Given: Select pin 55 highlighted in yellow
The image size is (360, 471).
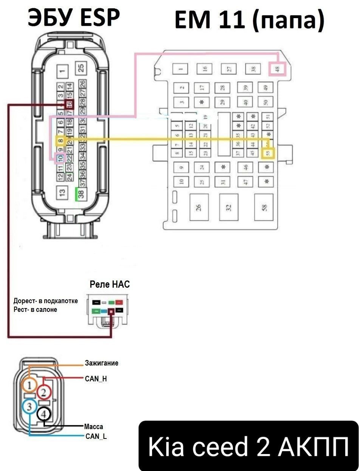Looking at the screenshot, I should (x=268, y=153).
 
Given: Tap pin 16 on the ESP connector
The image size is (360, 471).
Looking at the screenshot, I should (x=69, y=104).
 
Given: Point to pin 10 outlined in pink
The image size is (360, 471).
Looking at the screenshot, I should (x=60, y=158).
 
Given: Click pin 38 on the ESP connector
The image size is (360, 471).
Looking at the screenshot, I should (x=81, y=194).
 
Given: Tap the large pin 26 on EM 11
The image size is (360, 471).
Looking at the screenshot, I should (x=199, y=207).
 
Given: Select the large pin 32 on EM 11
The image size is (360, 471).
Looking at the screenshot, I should (x=228, y=207).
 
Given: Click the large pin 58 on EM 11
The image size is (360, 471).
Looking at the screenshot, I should (x=264, y=207).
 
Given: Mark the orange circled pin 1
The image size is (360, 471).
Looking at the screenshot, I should (x=29, y=385).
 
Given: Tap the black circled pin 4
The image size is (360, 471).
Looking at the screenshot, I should (x=44, y=414).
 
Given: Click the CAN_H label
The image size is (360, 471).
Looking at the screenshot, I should (x=96, y=378).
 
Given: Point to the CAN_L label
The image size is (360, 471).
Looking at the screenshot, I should (x=96, y=437).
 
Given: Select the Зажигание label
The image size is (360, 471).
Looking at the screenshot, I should (x=101, y=363).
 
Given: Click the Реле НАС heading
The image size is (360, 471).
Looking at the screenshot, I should (x=109, y=284).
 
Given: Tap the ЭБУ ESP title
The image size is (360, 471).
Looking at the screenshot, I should (x=74, y=17).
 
